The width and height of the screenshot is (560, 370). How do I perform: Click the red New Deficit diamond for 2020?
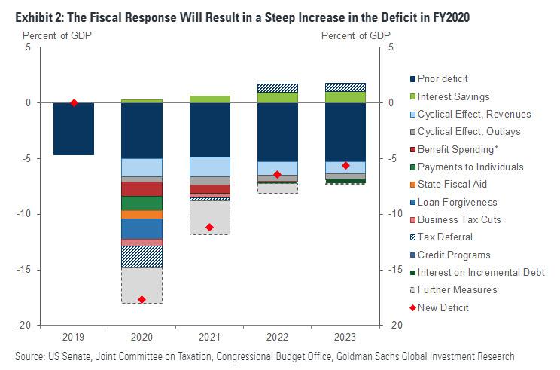pos(142,299)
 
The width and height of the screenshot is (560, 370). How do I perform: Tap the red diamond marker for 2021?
pos(209,228)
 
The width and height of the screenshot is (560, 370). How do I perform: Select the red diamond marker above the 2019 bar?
pos(74,102)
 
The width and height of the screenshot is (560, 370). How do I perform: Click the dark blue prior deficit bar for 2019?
pos(74,129)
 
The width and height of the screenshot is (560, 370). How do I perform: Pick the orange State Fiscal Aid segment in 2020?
pos(142,215)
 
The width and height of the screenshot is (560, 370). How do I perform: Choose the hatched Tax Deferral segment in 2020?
pos(142,256)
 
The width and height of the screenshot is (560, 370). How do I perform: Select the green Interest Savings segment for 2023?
pos(345,96)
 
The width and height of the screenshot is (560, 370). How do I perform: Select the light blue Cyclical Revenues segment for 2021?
pos(209,167)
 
